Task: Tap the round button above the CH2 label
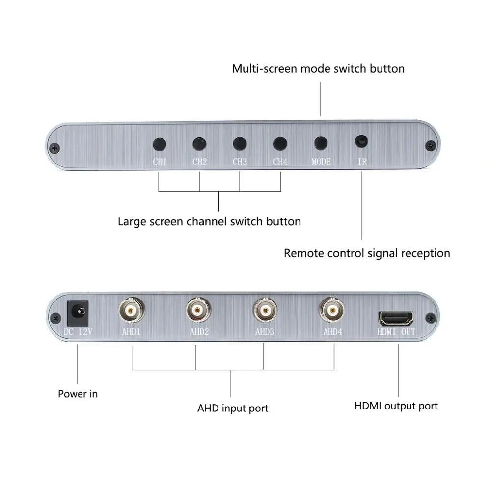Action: (x=199, y=144)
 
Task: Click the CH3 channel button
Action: (x=239, y=144)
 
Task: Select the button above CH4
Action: (x=280, y=144)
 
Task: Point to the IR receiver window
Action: (x=362, y=141)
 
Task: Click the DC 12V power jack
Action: (x=77, y=312)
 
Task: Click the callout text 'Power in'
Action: (x=78, y=394)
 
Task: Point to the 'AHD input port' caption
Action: (x=233, y=408)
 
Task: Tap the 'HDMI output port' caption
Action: (x=396, y=406)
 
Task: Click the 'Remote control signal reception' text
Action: (x=367, y=253)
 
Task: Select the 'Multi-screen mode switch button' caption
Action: (x=318, y=68)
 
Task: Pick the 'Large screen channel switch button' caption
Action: (x=209, y=221)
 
